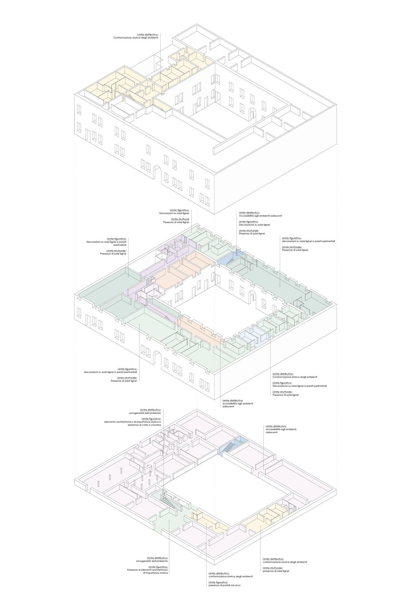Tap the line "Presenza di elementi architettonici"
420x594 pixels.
click(x=148, y=570)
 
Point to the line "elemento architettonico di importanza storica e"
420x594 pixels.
click(x=132, y=422)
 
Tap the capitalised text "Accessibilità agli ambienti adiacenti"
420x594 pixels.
click(x=260, y=216)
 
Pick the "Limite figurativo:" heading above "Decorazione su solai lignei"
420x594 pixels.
click(x=248, y=222)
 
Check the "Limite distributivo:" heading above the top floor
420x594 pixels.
click(x=148, y=35)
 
